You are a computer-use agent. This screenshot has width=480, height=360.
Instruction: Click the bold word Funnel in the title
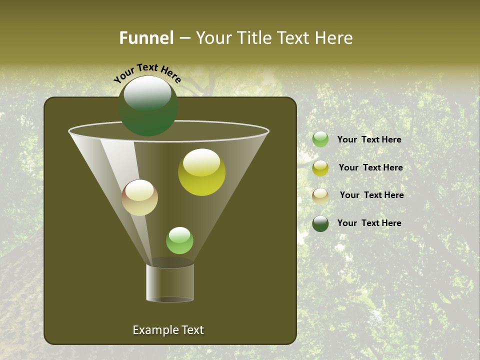point(146,38)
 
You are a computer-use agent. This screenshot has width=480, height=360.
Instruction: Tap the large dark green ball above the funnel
point(148,106)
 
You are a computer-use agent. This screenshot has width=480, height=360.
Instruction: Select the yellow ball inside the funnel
point(201,172)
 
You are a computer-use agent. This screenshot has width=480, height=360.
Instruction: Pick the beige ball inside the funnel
point(139,197)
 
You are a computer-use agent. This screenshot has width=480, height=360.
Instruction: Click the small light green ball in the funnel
point(179,240)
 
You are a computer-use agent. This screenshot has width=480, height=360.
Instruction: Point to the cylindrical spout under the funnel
point(170,283)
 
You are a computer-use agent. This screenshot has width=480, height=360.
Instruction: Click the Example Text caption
point(168,330)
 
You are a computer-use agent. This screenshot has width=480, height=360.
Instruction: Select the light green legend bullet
point(320,139)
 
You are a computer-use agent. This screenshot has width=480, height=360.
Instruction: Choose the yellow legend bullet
point(320,168)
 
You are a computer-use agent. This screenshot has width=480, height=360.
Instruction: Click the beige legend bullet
point(320,196)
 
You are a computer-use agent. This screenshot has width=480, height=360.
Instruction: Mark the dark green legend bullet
point(320,223)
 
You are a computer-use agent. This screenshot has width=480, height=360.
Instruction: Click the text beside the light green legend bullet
point(369,140)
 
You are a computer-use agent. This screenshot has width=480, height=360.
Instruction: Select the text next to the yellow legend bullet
point(370,168)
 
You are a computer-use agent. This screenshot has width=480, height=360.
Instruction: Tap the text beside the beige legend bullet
point(371,195)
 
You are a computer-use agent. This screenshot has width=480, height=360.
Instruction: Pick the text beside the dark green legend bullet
point(369,223)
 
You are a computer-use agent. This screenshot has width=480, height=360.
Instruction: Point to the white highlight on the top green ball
point(147,92)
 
